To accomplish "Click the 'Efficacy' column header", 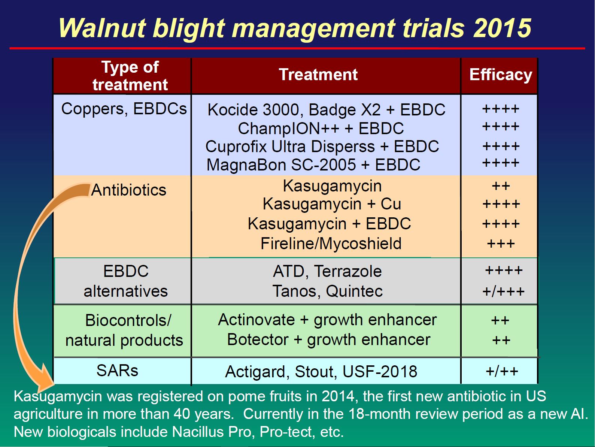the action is point(500,75).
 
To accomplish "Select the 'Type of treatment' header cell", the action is point(130,76).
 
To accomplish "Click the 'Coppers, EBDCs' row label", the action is point(124,109).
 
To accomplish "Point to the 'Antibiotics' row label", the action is point(128,190).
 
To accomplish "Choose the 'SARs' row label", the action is point(117,371).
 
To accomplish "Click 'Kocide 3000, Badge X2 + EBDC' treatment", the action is point(327,110).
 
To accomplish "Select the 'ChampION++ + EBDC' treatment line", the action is point(321,129).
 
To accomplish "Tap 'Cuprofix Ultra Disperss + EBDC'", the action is point(322,147).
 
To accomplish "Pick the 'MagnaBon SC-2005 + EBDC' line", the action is point(313,165).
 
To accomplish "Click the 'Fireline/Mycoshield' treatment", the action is point(331,244).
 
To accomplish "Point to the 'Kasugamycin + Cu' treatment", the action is point(332,204).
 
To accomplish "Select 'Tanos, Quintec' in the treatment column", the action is point(327,291).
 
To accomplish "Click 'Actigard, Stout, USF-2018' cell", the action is point(321,372).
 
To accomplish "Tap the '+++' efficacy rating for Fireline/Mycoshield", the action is point(501,244).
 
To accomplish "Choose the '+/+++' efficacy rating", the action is point(503,292).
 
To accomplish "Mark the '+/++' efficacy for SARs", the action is point(502,371).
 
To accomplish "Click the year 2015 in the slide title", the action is point(502,28).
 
